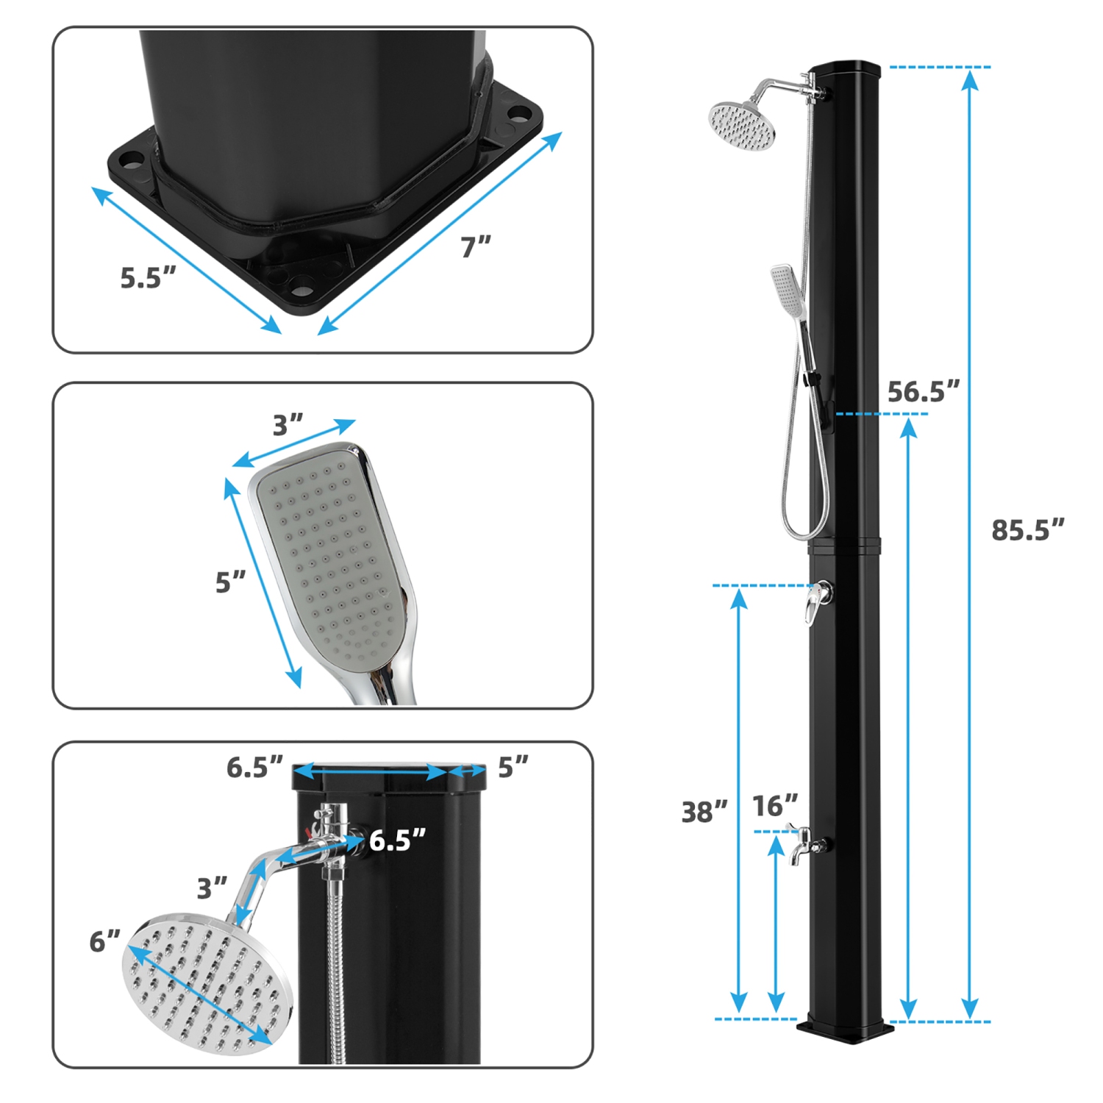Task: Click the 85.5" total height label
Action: coord(1027,529)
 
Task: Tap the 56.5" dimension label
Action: coord(923,391)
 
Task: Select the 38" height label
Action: coord(704,812)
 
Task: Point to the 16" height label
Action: coord(774,806)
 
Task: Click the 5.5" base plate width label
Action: coord(148,278)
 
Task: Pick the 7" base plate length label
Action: coord(476,247)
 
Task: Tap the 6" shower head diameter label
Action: coord(104,941)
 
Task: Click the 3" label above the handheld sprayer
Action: coord(288,425)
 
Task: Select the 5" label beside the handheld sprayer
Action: coord(229,582)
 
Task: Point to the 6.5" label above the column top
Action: coord(254,767)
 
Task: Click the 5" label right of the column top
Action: coord(513,767)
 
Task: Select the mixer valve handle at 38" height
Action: coord(817,602)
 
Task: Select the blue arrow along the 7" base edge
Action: coord(440,233)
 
